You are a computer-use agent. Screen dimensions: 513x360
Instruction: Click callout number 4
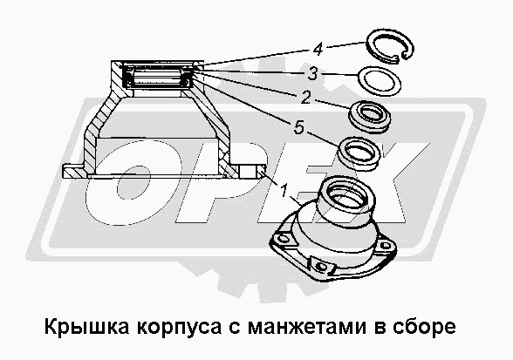pos(318,50)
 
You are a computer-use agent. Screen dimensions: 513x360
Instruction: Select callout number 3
pos(312,73)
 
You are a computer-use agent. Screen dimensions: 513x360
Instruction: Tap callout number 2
pos(305,98)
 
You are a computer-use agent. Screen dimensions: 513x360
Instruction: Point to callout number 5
pos(298,127)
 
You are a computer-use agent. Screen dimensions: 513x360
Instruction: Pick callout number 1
pos(284,190)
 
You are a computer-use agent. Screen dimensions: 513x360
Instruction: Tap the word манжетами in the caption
pos(306,327)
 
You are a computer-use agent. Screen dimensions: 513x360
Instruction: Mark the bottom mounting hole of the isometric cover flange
pos(322,267)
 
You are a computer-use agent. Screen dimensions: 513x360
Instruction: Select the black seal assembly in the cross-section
pos(158,77)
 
